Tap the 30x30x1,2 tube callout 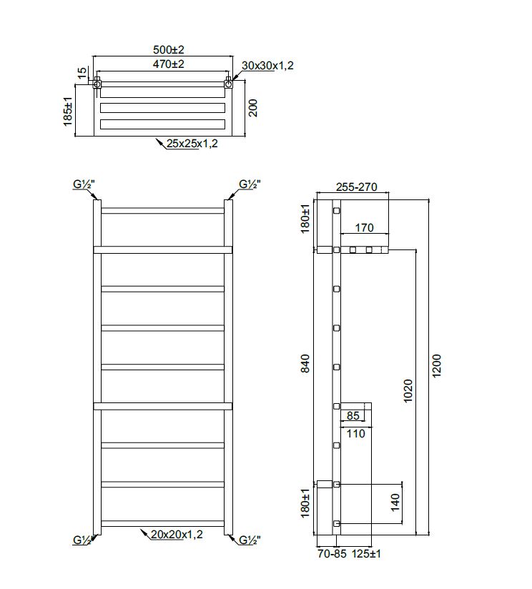click(x=268, y=66)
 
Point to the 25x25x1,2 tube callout click(x=192, y=144)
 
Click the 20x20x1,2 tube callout click(x=177, y=534)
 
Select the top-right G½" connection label click(x=249, y=184)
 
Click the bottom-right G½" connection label click(x=249, y=540)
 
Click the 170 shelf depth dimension click(x=364, y=229)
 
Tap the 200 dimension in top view click(x=252, y=108)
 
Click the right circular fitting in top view click(x=228, y=85)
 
